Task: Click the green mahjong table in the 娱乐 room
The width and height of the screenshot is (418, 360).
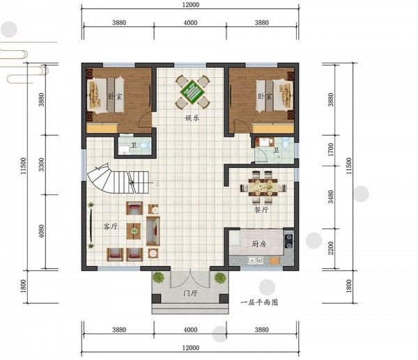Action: [x=192, y=92]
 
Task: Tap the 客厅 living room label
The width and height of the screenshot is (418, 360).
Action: [x=110, y=226]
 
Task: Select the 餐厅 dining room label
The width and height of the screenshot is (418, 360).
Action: [x=261, y=210]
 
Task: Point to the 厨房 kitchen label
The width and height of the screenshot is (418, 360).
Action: [x=259, y=244]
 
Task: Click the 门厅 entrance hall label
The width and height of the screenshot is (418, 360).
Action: [x=190, y=293]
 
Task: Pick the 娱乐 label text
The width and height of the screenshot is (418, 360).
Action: [x=192, y=118]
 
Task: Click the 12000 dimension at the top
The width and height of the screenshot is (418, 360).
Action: [x=191, y=5]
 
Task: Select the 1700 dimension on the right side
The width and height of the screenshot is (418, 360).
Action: [x=331, y=150]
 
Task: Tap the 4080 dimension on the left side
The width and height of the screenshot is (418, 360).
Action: [x=41, y=231]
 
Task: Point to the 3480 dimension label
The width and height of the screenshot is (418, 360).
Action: [x=331, y=196]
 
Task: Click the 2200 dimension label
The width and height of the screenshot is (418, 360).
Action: [x=331, y=248]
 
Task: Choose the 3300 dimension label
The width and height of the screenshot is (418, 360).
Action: [x=41, y=164]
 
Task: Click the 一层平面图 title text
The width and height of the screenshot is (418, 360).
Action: [x=259, y=302]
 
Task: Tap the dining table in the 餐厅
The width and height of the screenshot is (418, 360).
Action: [x=263, y=187]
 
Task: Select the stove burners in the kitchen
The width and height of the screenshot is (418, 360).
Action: [x=288, y=241]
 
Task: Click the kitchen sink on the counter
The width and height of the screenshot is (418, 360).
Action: [x=255, y=260]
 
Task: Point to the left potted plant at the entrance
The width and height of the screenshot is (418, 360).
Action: [x=159, y=277]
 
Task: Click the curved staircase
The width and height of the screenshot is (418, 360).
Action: [x=118, y=180]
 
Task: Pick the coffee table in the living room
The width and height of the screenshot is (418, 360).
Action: [x=134, y=231]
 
